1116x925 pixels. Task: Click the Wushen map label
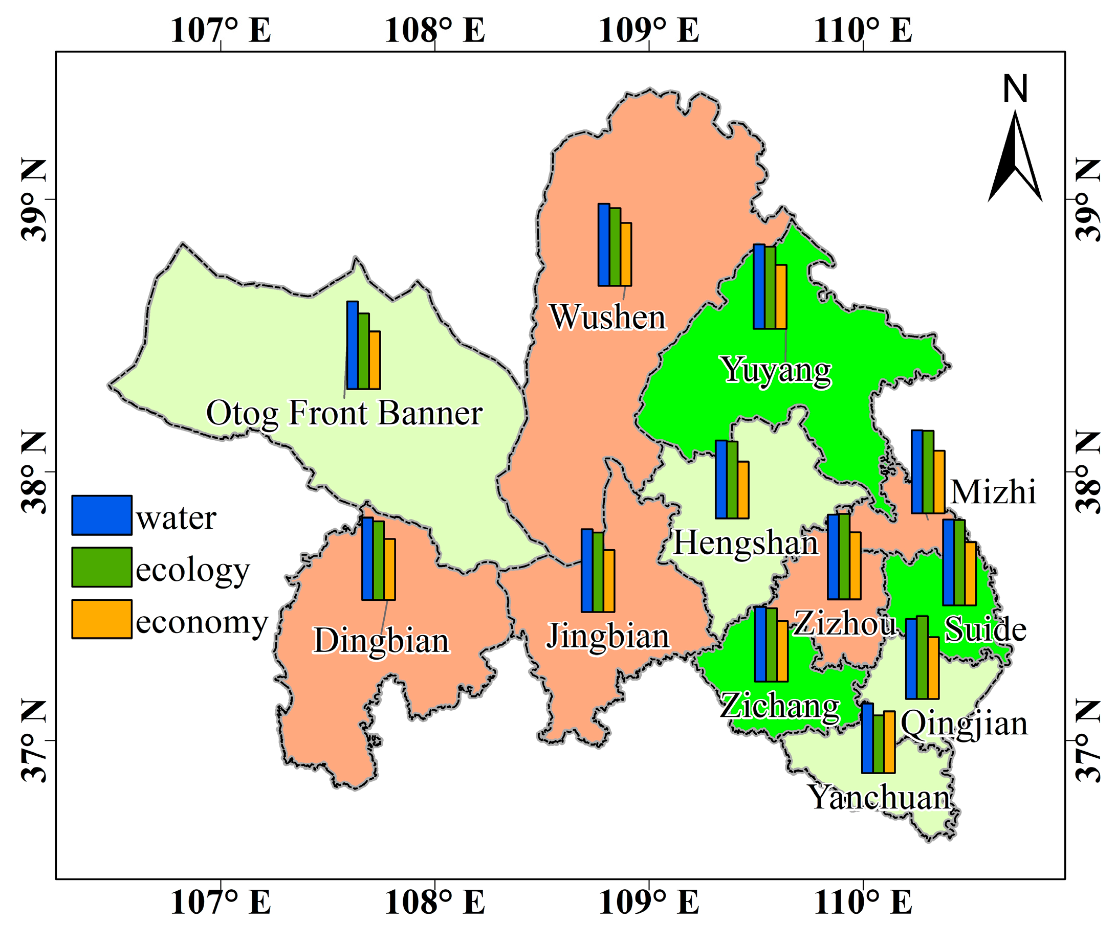click(x=607, y=317)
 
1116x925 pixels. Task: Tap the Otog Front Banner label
click(x=344, y=413)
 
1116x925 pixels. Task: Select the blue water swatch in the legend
click(x=101, y=515)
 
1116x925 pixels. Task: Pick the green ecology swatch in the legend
click(x=101, y=567)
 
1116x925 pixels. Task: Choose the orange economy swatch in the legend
click(x=101, y=619)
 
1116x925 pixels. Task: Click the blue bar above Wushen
click(x=604, y=245)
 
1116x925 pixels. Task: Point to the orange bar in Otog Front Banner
click(x=375, y=360)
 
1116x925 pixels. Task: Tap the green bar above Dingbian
click(x=378, y=560)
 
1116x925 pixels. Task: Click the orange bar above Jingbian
click(x=609, y=581)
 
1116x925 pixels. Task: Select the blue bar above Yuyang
click(x=759, y=287)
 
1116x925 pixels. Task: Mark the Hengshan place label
click(x=746, y=543)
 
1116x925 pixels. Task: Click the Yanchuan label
click(x=880, y=798)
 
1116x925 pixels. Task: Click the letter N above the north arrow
click(x=1015, y=88)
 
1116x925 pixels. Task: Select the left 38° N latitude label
click(x=33, y=471)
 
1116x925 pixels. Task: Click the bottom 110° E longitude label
click(x=863, y=901)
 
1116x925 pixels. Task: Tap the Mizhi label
click(x=993, y=492)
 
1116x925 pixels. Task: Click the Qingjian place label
click(x=964, y=723)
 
